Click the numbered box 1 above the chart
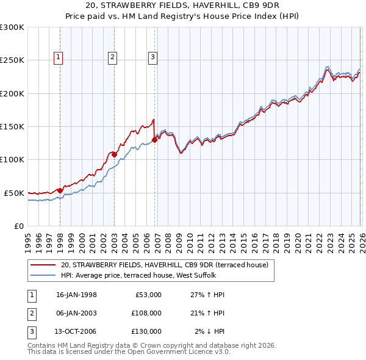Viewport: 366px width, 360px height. (x=59, y=57)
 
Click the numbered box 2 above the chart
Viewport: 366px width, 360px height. (x=113, y=57)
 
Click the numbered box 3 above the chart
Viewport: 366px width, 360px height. (x=152, y=57)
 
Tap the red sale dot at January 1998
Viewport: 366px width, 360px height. (x=60, y=190)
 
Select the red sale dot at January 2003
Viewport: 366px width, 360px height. (x=114, y=154)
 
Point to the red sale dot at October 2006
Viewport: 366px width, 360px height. (x=155, y=140)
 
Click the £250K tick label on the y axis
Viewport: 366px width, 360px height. (x=12, y=60)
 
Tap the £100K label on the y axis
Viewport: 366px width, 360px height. (x=12, y=159)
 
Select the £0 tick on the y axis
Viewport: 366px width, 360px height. (x=18, y=226)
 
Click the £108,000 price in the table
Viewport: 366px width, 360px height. (x=146, y=313)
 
